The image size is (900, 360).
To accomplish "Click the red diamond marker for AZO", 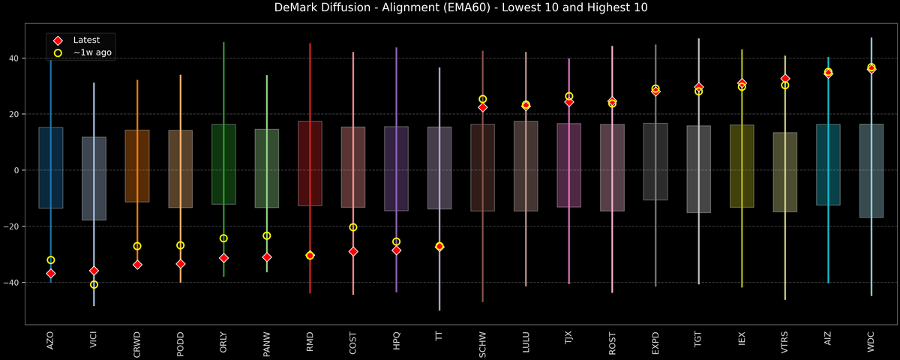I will (51, 274).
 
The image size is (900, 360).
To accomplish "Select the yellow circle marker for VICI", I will (94, 284).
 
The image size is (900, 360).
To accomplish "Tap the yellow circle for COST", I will (353, 227).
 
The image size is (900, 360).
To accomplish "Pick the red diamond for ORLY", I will (223, 258).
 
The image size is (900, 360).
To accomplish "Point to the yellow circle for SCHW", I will (483, 99).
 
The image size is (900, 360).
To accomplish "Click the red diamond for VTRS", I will (785, 79).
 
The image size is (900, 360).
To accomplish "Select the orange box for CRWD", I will (137, 166).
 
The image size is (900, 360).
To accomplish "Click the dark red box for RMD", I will (310, 163).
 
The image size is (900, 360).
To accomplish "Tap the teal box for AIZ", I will (828, 165).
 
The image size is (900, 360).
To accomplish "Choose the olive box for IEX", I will (742, 166).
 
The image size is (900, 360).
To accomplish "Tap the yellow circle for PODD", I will (180, 245).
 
